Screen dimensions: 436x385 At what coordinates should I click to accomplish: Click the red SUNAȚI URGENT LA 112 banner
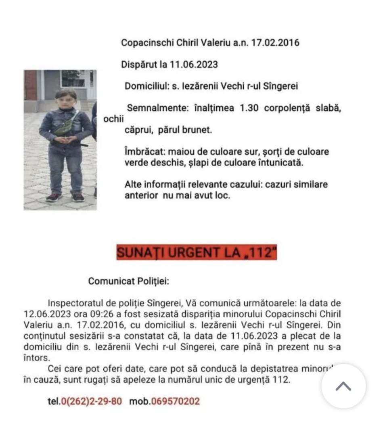coord(197,252)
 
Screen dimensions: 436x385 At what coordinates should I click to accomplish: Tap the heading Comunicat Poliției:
coord(129,281)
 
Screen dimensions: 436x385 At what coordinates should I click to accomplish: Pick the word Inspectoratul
coord(73,303)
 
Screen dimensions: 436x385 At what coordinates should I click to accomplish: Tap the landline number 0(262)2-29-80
coord(91,402)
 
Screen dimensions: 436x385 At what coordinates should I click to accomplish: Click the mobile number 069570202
coord(175,402)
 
